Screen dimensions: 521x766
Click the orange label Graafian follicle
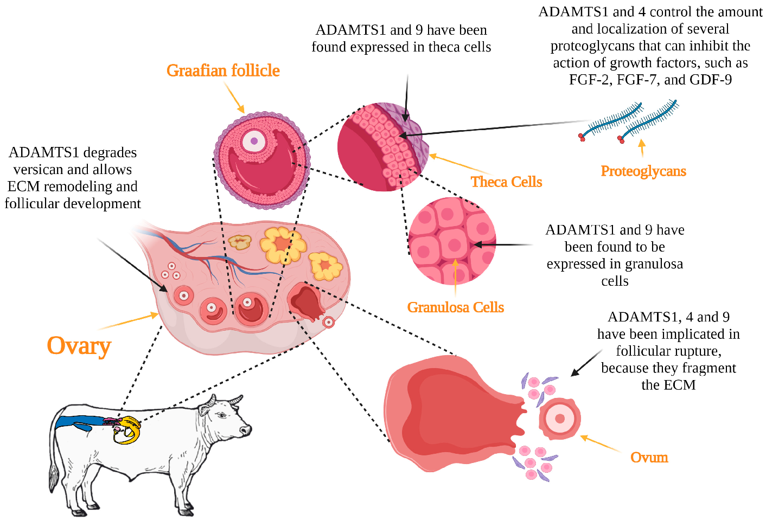click(x=223, y=70)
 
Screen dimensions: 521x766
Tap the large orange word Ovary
click(x=79, y=346)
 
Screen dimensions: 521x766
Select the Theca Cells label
click(x=506, y=182)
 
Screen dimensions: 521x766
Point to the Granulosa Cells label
click(x=455, y=307)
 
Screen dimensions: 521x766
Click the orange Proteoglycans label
click(x=643, y=171)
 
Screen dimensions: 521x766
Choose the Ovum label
click(x=649, y=458)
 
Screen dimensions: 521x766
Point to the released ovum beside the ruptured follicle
click(x=559, y=419)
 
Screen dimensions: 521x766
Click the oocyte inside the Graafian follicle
click(x=253, y=141)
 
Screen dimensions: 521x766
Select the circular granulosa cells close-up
click(x=452, y=241)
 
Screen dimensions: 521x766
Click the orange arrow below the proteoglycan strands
click(x=642, y=148)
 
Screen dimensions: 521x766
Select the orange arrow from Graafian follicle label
click(x=234, y=98)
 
